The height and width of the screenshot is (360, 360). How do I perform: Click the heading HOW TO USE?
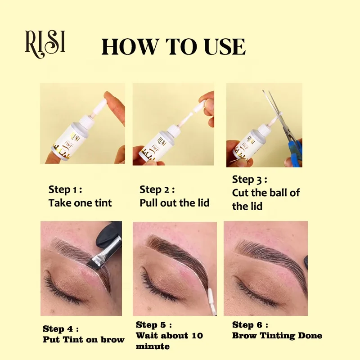tap(174, 47)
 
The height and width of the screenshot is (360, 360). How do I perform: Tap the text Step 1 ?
tap(65, 189)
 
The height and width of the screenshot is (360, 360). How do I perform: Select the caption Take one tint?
tap(80, 203)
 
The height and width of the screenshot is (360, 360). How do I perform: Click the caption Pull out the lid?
tap(175, 203)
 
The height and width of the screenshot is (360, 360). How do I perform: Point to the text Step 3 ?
tap(250, 180)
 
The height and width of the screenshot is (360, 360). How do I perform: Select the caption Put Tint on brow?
tap(83, 339)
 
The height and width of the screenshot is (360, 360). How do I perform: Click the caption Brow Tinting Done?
tap(277, 336)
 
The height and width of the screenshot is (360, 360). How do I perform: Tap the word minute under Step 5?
tap(153, 346)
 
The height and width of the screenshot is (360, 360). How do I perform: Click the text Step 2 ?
tap(157, 189)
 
